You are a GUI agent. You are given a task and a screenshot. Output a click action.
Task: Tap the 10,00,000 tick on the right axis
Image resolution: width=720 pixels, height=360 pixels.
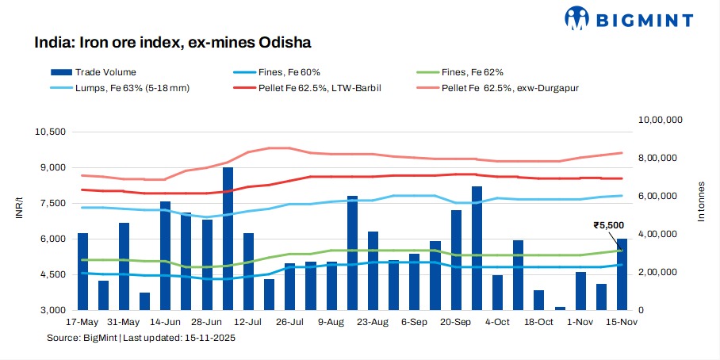click(x=661, y=121)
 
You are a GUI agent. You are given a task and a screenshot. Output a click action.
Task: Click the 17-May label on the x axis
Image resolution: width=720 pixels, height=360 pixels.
click(x=82, y=323)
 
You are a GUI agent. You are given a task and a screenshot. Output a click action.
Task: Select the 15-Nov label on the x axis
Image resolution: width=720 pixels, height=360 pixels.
click(x=622, y=323)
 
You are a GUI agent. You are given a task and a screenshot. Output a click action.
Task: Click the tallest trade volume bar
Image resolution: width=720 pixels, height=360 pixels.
click(x=228, y=238)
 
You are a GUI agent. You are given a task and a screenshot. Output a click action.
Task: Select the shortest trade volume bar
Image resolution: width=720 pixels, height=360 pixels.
click(x=561, y=308)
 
